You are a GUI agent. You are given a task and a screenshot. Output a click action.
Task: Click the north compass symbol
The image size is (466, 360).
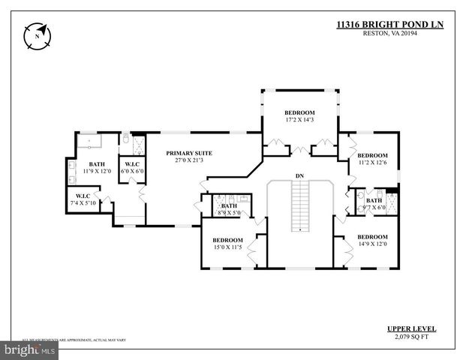36,34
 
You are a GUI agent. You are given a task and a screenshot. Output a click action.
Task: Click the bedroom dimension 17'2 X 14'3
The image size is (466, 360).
299,120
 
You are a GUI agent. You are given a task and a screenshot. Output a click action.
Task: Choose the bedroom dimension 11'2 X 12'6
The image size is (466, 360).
373,163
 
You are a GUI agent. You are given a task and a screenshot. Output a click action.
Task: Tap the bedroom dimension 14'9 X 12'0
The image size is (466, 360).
373,243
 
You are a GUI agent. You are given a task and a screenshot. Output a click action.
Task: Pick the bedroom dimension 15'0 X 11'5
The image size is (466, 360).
227,247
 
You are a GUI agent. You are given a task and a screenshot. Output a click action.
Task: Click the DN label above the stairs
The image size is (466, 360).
299,175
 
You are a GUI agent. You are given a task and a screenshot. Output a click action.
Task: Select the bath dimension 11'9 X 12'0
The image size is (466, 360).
97,171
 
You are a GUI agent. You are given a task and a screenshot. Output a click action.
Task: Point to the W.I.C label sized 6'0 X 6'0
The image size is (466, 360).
132,163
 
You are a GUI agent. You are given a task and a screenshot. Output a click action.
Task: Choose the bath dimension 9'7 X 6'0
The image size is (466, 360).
374,208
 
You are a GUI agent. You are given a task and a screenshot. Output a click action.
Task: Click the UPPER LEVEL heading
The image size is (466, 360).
411,328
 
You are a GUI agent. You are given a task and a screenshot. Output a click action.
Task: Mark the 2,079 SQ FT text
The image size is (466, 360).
411,337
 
